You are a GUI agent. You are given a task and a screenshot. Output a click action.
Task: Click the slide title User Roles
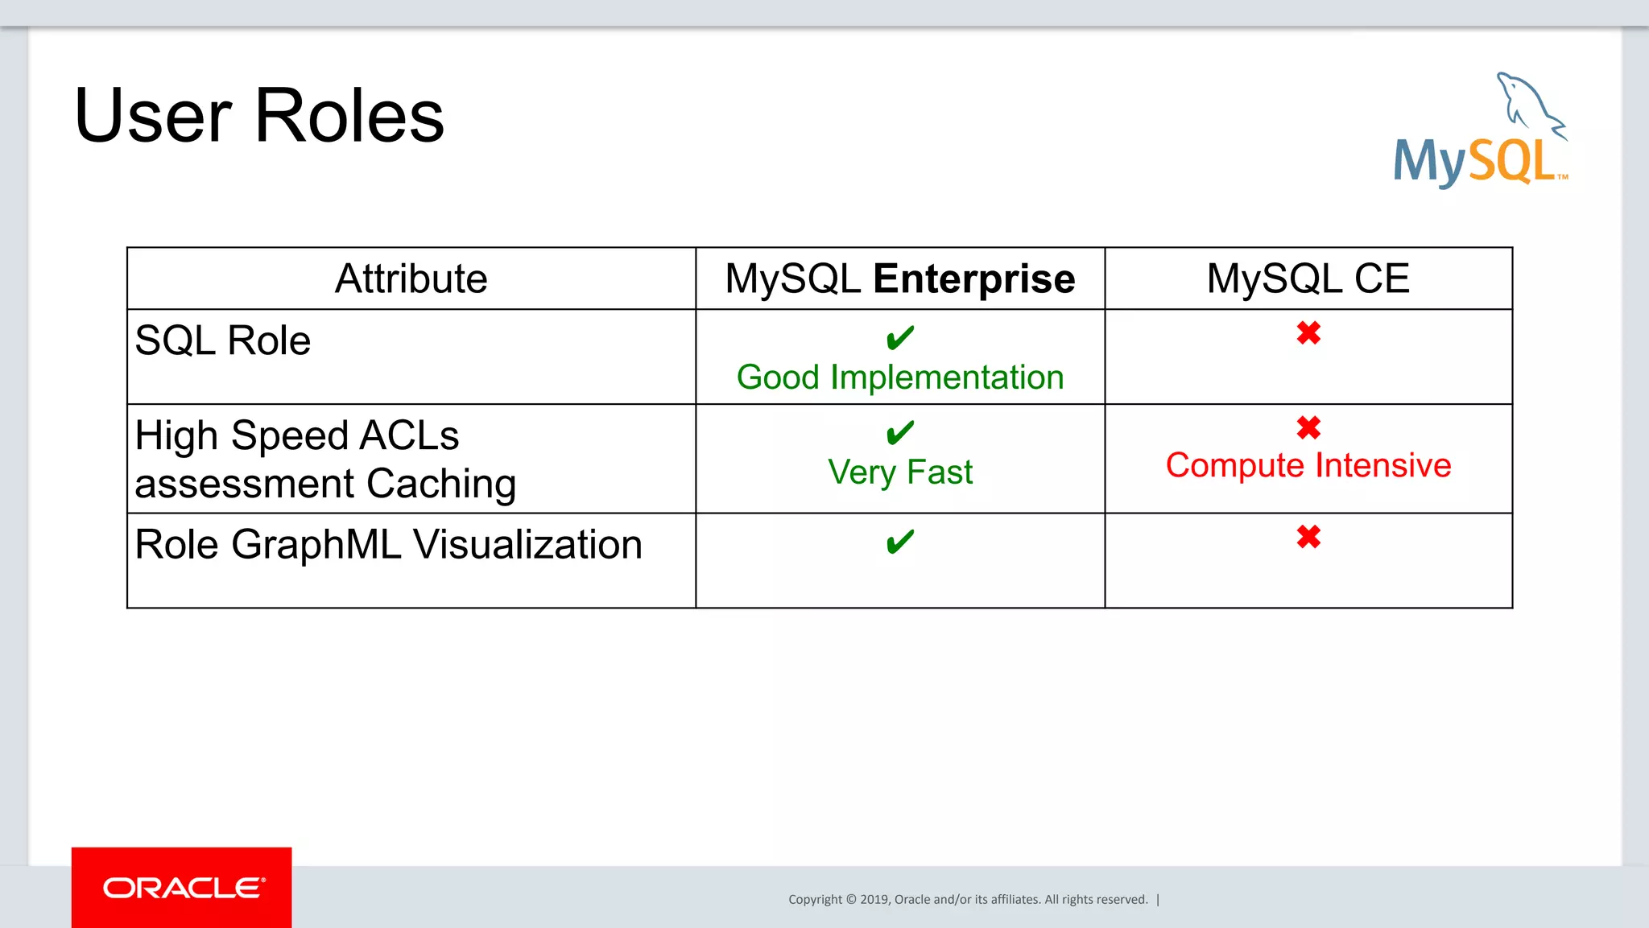[258, 116]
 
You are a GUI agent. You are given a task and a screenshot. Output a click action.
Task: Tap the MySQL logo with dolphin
[1480, 133]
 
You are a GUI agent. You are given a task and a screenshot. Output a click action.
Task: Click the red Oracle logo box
[182, 887]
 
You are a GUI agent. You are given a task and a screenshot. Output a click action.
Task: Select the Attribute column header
[411, 278]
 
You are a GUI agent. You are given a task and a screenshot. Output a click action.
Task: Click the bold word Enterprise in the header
[973, 278]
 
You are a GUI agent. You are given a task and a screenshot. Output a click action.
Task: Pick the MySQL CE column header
[1308, 278]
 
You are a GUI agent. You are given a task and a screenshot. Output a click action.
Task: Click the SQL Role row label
[223, 340]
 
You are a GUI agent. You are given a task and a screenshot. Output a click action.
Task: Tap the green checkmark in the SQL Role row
[899, 337]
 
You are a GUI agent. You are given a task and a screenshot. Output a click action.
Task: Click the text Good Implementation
[899, 377]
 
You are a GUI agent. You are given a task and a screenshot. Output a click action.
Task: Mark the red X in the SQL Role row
[1308, 332]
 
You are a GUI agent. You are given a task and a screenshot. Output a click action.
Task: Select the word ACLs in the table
[409, 435]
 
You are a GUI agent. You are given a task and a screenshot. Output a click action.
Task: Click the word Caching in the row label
[441, 484]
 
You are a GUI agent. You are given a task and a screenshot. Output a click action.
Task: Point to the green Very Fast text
[899, 472]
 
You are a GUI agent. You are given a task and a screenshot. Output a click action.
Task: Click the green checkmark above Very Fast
[899, 432]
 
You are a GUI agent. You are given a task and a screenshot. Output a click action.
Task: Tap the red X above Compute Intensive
[1308, 427]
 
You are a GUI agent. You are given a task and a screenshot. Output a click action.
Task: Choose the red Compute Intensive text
[1308, 465]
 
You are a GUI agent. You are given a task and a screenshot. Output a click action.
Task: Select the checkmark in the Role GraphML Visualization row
[899, 541]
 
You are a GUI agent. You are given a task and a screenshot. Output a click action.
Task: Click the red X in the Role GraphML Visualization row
[1308, 536]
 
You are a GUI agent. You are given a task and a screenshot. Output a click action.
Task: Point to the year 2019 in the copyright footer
[874, 900]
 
